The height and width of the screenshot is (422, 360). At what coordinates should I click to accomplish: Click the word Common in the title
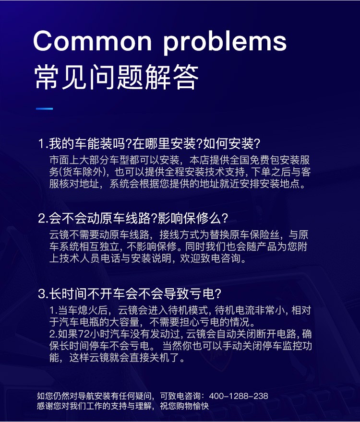tap(93, 41)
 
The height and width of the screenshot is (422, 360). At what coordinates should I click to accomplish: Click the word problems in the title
tap(225, 43)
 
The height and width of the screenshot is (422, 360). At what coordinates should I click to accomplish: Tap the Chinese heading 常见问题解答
tap(117, 77)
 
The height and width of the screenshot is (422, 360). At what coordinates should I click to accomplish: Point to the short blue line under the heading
tap(45, 109)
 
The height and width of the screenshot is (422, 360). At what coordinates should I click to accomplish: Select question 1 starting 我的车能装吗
tap(149, 143)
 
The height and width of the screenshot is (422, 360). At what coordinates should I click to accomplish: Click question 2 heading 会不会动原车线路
tap(133, 218)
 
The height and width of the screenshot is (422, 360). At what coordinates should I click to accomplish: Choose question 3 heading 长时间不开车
tap(130, 293)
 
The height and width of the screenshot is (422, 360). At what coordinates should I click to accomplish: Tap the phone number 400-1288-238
tap(239, 396)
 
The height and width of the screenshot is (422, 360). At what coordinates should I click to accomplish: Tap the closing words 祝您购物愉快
tap(184, 406)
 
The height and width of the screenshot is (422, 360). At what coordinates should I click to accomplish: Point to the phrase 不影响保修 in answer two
tap(152, 246)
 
